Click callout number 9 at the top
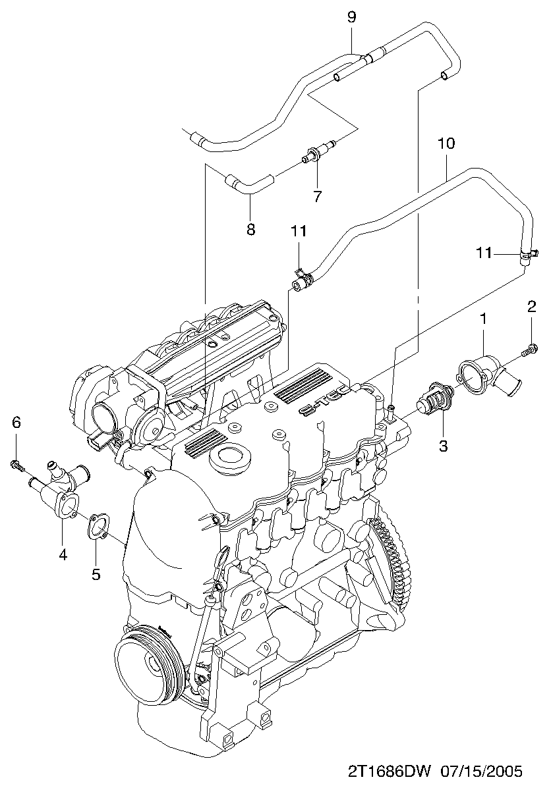pyautogui.click(x=351, y=16)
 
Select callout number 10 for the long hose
pyautogui.click(x=446, y=143)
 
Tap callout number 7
pyautogui.click(x=317, y=196)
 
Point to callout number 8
pyautogui.click(x=250, y=229)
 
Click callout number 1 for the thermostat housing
pyautogui.click(x=483, y=319)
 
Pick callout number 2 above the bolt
pyautogui.click(x=531, y=305)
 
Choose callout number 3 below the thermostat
pyautogui.click(x=443, y=446)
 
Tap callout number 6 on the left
pyautogui.click(x=16, y=422)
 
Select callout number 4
pyautogui.click(x=63, y=554)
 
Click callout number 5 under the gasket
pyautogui.click(x=96, y=574)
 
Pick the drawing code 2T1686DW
pyautogui.click(x=389, y=771)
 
